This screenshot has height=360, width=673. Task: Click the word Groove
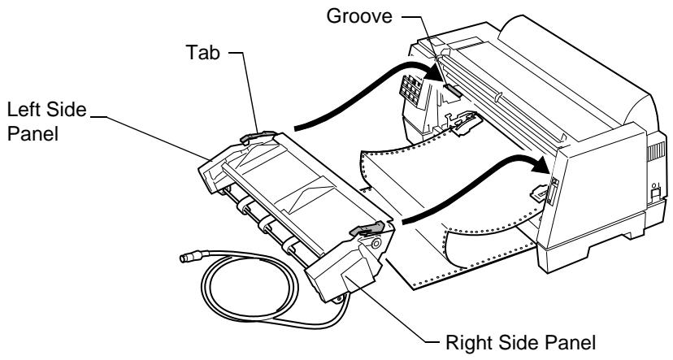coord(359,16)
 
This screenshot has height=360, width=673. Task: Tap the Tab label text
coord(203,52)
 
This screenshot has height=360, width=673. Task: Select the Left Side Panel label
coord(47,121)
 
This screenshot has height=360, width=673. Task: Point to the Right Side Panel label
coord(521,343)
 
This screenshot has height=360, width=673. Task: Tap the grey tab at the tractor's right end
coord(367,229)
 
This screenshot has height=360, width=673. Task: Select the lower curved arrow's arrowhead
coord(541,165)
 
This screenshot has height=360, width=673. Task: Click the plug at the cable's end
coord(188,257)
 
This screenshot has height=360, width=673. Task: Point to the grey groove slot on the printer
coord(454,89)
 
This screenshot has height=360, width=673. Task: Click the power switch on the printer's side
coord(654,191)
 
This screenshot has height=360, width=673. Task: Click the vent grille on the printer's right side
coord(655,151)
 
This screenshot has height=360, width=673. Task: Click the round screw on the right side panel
coord(376,244)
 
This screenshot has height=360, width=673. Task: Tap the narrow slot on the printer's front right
coord(552,190)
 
